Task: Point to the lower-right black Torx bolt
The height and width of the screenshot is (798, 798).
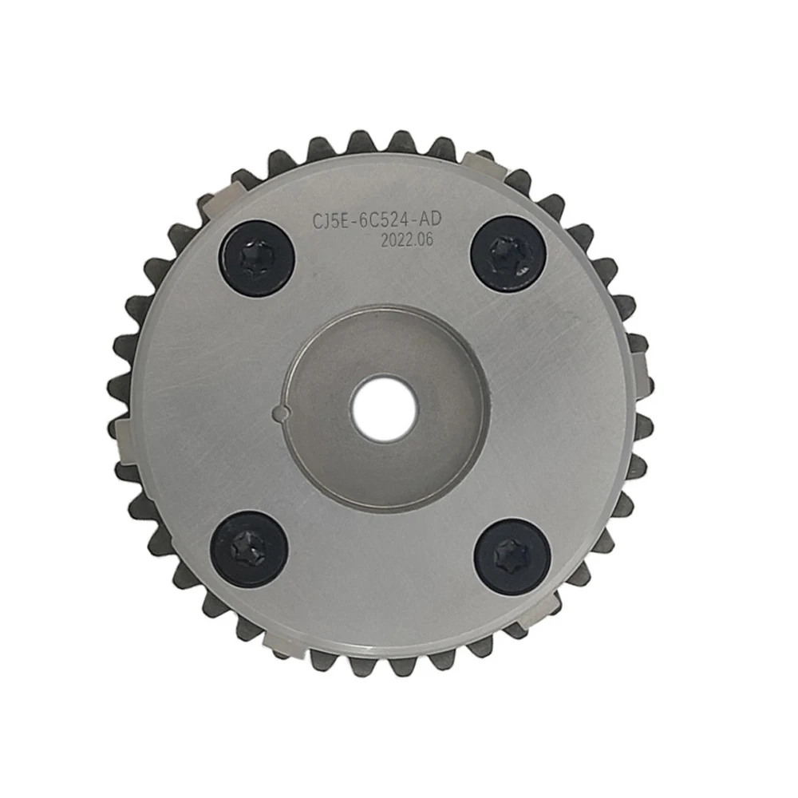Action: (511, 554)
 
